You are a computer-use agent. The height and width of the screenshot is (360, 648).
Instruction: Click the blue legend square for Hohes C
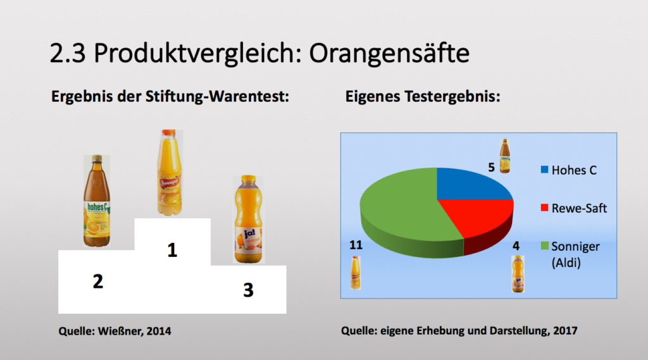tap(544, 170)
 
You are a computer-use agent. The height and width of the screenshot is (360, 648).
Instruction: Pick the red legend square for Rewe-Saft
tap(544, 208)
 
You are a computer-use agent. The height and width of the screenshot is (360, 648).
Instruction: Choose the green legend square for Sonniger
tap(544, 246)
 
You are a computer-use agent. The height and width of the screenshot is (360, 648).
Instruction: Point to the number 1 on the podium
tap(172, 250)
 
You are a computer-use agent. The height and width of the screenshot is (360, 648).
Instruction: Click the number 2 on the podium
tap(98, 282)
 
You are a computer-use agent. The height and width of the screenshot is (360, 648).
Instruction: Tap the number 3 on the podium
tap(248, 290)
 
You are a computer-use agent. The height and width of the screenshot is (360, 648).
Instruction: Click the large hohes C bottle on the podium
tap(97, 201)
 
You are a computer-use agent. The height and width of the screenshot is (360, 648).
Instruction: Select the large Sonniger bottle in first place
tap(169, 173)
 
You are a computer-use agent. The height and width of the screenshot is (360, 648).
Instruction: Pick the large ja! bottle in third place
tap(248, 219)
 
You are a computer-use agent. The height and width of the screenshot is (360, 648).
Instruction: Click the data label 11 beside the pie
tap(356, 245)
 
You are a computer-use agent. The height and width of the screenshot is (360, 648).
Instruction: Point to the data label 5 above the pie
tap(491, 168)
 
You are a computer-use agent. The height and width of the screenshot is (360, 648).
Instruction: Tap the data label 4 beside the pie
tap(516, 246)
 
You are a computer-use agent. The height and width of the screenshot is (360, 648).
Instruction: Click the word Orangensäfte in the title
tap(389, 53)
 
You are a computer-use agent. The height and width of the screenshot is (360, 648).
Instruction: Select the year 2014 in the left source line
tap(159, 331)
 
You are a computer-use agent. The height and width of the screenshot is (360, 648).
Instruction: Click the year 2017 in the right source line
tap(565, 331)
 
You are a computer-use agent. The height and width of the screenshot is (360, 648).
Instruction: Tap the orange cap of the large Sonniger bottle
tap(168, 133)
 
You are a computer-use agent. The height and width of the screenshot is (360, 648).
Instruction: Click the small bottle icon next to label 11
tap(356, 273)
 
